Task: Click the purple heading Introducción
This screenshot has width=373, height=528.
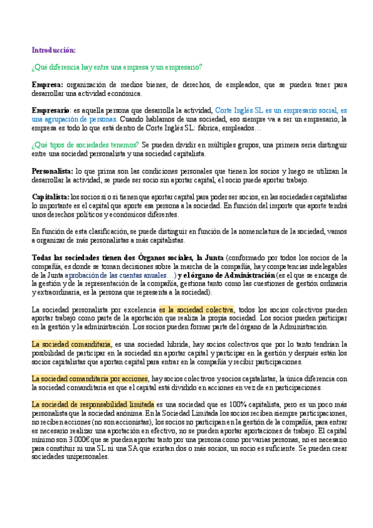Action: pyautogui.click(x=54, y=50)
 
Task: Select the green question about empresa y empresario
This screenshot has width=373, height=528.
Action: pyautogui.click(x=117, y=67)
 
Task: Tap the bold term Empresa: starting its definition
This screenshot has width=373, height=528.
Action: pyautogui.click(x=47, y=83)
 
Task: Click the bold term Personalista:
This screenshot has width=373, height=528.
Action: pyautogui.click(x=52, y=170)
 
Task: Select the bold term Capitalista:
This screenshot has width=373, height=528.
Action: pyautogui.click(x=50, y=196)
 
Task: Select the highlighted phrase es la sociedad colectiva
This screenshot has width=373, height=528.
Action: pyautogui.click(x=196, y=309)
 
